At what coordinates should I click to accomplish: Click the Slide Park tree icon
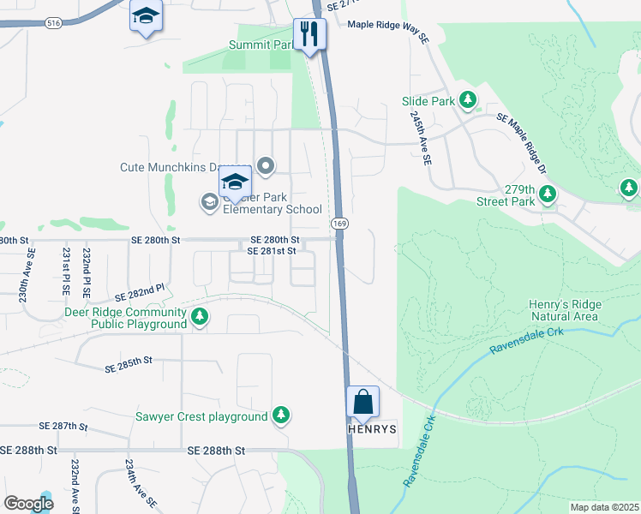click(468, 101)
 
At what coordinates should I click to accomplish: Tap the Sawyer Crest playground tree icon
click(280, 416)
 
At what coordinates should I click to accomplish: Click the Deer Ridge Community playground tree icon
click(200, 318)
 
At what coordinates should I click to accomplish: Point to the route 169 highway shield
click(339, 223)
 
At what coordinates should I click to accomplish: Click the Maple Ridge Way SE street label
click(387, 31)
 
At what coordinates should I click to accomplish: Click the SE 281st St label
click(271, 251)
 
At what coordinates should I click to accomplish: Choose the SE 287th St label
click(64, 425)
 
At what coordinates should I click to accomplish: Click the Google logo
click(28, 504)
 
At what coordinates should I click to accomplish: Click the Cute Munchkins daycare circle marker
click(266, 166)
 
